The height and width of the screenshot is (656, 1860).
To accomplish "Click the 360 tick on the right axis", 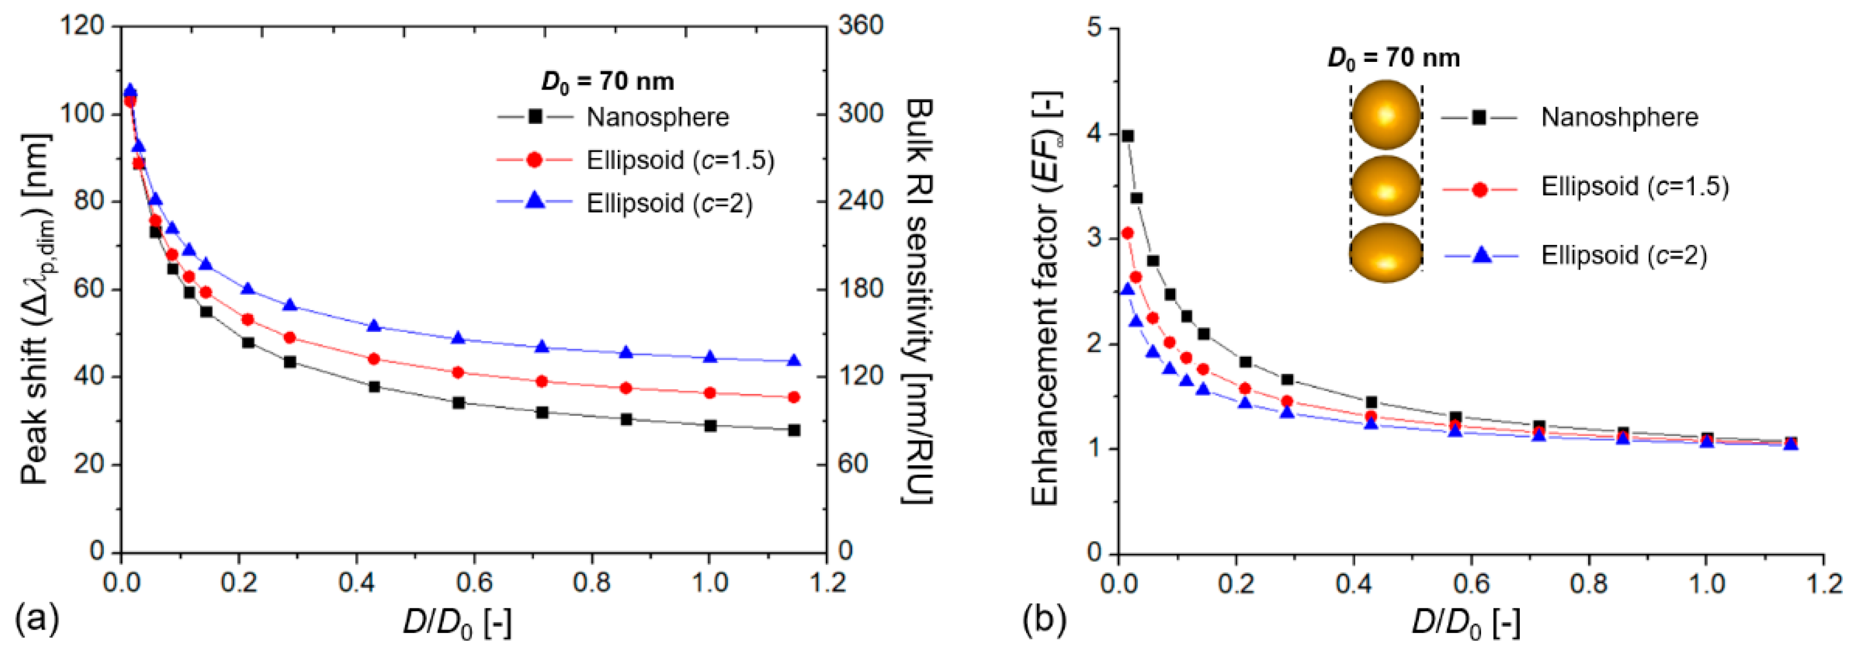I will [x=860, y=25].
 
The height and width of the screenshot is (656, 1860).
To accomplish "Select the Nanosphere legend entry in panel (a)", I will [x=657, y=117].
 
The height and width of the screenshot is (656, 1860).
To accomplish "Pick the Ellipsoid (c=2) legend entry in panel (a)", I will [x=669, y=204].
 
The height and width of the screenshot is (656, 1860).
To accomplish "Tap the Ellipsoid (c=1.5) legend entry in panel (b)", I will [x=1634, y=187].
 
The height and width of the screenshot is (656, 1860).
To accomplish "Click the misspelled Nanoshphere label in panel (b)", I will [x=1619, y=117].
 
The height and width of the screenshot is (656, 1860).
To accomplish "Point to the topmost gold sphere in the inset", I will [x=1386, y=115].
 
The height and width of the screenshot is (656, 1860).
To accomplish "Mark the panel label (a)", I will [x=37, y=619].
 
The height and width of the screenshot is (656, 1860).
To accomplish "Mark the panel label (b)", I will [x=1044, y=619].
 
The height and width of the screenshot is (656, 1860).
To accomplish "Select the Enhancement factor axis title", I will [x=1046, y=299].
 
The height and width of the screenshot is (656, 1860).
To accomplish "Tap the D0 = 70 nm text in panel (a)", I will [x=607, y=81].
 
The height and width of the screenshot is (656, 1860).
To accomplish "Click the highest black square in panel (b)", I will [x=1127, y=136].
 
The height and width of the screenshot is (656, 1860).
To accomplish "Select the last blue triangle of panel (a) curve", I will [x=794, y=361].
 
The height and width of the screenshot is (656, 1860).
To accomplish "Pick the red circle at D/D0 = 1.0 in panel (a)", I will [x=710, y=393].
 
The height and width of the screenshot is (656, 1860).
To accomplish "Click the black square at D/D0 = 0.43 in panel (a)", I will [x=374, y=387].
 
